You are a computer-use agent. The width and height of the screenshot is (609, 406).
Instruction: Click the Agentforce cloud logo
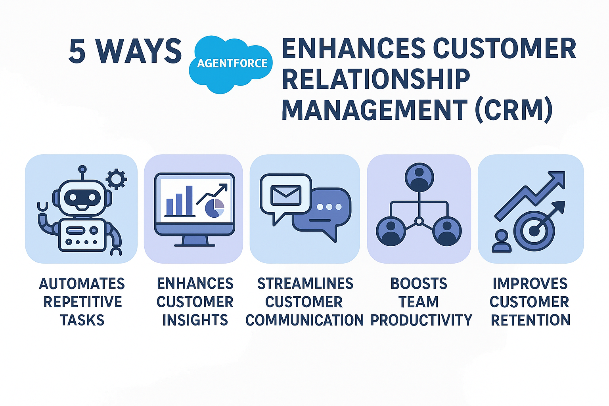click(232, 63)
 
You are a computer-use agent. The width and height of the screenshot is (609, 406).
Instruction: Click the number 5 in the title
click(77, 52)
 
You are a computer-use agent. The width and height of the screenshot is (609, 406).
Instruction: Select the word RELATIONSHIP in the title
click(375, 79)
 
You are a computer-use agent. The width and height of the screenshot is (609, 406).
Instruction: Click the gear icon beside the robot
click(117, 179)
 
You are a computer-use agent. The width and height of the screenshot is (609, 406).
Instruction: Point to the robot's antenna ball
click(82, 169)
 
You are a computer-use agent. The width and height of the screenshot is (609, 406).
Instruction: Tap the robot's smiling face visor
click(82, 197)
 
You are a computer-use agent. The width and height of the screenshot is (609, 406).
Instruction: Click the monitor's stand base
click(194, 244)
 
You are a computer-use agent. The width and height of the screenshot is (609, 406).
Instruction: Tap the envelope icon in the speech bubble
click(285, 195)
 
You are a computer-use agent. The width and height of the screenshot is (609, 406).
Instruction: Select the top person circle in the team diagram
click(419, 177)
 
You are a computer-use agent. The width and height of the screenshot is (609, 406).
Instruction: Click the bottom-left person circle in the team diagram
click(391, 231)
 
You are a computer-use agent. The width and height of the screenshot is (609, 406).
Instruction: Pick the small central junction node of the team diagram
click(419, 221)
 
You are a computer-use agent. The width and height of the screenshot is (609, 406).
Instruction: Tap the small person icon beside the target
click(502, 241)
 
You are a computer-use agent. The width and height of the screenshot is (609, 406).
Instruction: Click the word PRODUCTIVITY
click(421, 320)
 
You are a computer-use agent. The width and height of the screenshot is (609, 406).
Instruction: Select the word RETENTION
click(530, 320)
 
